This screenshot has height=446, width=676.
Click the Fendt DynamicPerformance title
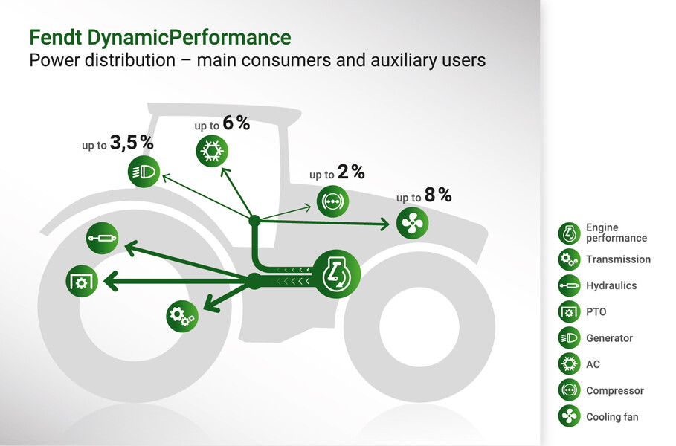[160, 37]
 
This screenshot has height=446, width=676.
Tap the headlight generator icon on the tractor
[144, 172]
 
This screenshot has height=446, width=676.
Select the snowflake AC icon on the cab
[212, 151]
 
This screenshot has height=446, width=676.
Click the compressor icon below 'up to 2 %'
[333, 201]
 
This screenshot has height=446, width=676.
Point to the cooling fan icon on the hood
[412, 223]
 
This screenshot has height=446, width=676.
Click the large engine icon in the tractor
[336, 274]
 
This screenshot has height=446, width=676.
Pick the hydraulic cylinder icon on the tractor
[102, 238]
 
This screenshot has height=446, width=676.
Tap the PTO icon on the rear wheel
[82, 282]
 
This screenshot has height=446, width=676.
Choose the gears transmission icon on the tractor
[182, 316]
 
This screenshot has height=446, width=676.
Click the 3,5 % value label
[132, 143]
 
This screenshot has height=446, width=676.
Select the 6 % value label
[236, 123]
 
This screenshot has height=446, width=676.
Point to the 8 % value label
[438, 195]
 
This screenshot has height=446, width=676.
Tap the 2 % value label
[351, 172]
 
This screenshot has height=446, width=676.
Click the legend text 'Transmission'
[618, 259]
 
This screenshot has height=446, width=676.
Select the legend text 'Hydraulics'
[611, 285]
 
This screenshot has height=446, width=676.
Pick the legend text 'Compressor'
[615, 391]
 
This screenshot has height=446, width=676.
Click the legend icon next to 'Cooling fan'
[569, 416]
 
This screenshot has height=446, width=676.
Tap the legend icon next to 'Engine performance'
[569, 233]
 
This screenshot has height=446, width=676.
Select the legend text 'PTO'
[596, 312]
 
